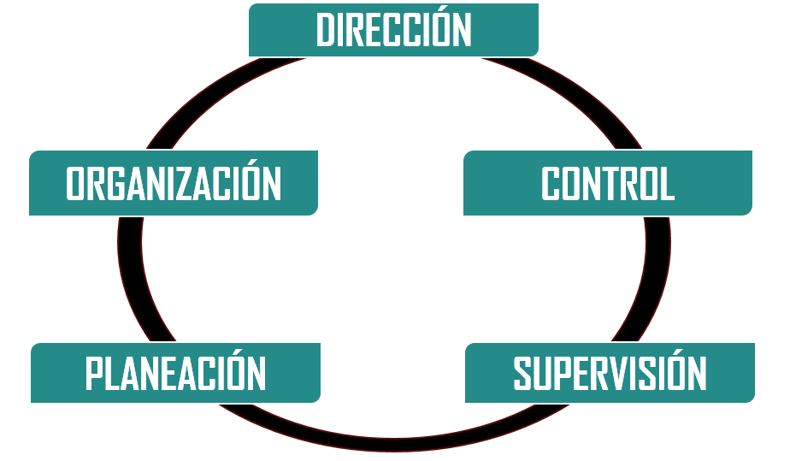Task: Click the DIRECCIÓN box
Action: (393, 30)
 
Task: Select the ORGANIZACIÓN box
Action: (174, 183)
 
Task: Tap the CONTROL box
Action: (608, 183)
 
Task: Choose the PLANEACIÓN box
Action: (176, 373)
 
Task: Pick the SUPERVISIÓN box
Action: (610, 373)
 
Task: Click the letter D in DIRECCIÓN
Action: (326, 30)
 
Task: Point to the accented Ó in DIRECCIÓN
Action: (443, 27)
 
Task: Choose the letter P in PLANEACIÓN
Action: (94, 374)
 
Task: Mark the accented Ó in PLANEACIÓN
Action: (236, 369)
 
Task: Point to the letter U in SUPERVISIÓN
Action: (542, 374)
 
